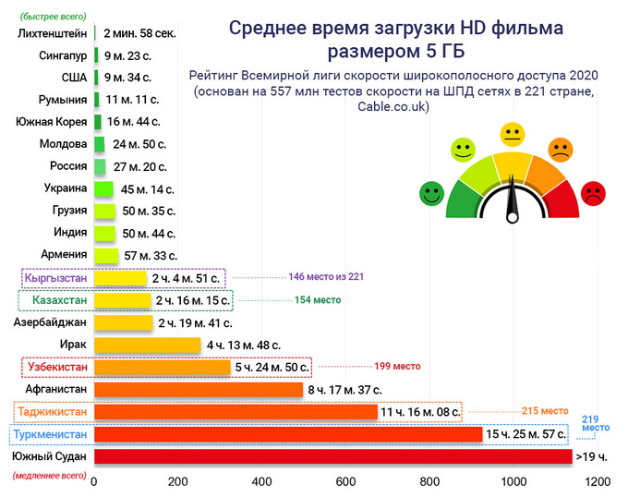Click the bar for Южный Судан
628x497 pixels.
[x=332, y=456]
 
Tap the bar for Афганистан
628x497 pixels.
[x=199, y=390]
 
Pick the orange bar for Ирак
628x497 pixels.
[x=148, y=345]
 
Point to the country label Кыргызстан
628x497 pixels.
[x=56, y=277]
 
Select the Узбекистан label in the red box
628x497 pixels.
[x=56, y=367]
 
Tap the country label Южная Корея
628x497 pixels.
[x=52, y=122]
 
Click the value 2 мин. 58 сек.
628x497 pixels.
[x=139, y=33]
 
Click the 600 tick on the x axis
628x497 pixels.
[x=345, y=482]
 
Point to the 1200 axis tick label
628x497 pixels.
[x=598, y=482]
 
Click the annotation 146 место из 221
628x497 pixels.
[x=327, y=276]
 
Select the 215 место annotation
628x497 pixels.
[x=545, y=411]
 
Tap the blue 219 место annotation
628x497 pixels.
[x=596, y=423]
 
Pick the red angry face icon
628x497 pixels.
[x=592, y=193]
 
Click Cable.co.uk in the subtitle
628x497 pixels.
[x=394, y=107]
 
